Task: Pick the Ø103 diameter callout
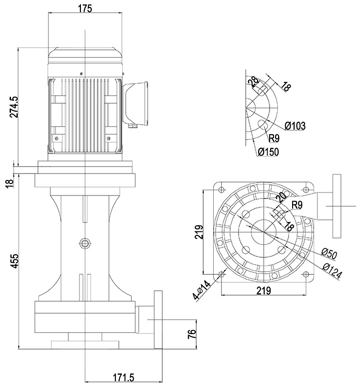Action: (x=295, y=126)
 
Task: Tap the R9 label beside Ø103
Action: (x=275, y=138)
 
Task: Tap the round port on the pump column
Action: (x=84, y=243)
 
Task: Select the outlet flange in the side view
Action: (x=159, y=320)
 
